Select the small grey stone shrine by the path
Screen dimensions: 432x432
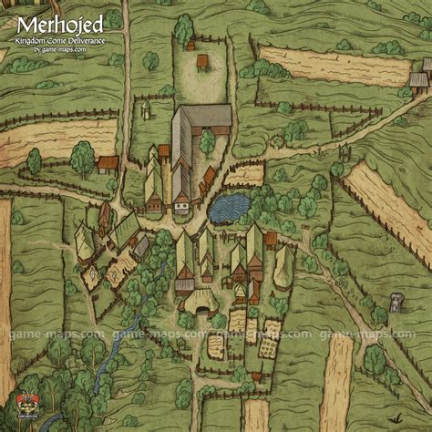(x=396, y=302)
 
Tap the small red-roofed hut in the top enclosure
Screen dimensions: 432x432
(x=201, y=62)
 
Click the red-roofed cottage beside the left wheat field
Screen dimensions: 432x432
(x=108, y=164)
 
